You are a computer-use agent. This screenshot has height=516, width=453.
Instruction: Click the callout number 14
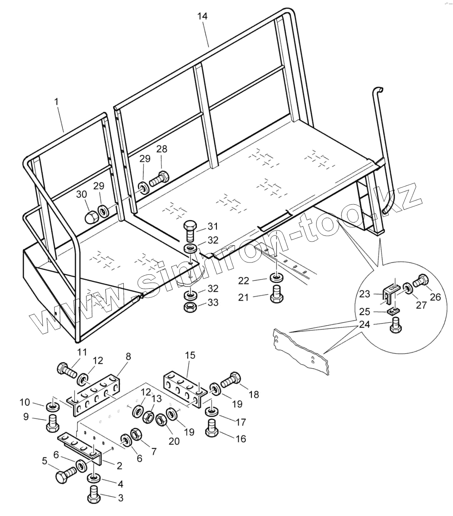click(x=202, y=16)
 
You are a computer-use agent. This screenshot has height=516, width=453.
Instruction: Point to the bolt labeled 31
click(x=190, y=231)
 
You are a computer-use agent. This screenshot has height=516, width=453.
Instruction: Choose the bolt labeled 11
click(x=66, y=370)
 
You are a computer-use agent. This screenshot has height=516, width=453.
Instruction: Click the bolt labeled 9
click(x=52, y=423)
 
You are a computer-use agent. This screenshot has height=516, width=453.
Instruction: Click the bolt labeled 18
click(x=231, y=380)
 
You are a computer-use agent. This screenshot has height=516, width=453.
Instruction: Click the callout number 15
click(x=191, y=355)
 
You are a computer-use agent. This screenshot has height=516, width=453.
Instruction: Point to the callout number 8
click(x=128, y=356)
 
